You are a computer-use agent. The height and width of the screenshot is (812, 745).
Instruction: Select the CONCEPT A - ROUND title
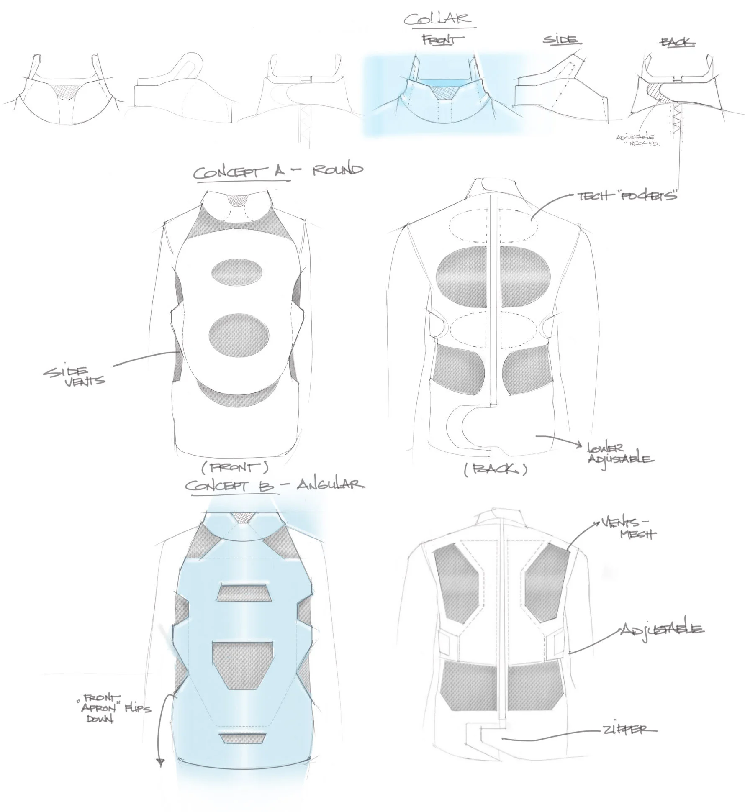tap(278, 172)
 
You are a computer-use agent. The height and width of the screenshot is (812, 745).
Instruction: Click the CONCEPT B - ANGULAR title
tap(275, 485)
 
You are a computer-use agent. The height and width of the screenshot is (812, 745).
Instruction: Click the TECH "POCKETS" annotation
tap(627, 196)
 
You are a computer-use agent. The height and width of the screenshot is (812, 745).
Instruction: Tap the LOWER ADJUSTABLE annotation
tap(620, 453)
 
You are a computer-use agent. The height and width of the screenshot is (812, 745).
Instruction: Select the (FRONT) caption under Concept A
tap(234, 468)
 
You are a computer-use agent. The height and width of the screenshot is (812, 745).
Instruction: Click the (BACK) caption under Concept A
tap(495, 470)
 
